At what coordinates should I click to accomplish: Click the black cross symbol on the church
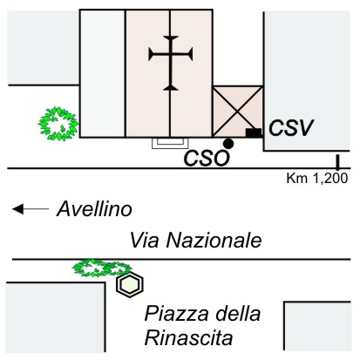coord(171,63)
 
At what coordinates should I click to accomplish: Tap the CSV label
coord(291,128)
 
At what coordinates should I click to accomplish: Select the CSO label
coord(207,159)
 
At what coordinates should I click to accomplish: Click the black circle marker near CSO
coord(228,144)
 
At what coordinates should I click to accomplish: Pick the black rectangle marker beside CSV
coord(254,132)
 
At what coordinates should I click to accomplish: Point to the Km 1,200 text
coord(317,178)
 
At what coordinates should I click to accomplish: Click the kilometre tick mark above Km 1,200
coord(337,162)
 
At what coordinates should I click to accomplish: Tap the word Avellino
coord(94,209)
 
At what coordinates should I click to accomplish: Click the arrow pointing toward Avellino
coord(31,209)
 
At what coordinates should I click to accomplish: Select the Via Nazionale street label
coord(195,241)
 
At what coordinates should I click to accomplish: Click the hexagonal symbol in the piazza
coord(130,284)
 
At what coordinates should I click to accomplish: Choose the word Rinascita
coord(189,337)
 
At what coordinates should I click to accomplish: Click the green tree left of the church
coord(58,124)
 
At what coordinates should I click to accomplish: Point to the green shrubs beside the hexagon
coord(102,268)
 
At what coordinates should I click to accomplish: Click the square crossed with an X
coord(238,112)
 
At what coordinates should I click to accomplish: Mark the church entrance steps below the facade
coord(170,143)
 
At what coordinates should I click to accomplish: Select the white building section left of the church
coord(103,73)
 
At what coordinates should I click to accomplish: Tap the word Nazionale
coord(214,241)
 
